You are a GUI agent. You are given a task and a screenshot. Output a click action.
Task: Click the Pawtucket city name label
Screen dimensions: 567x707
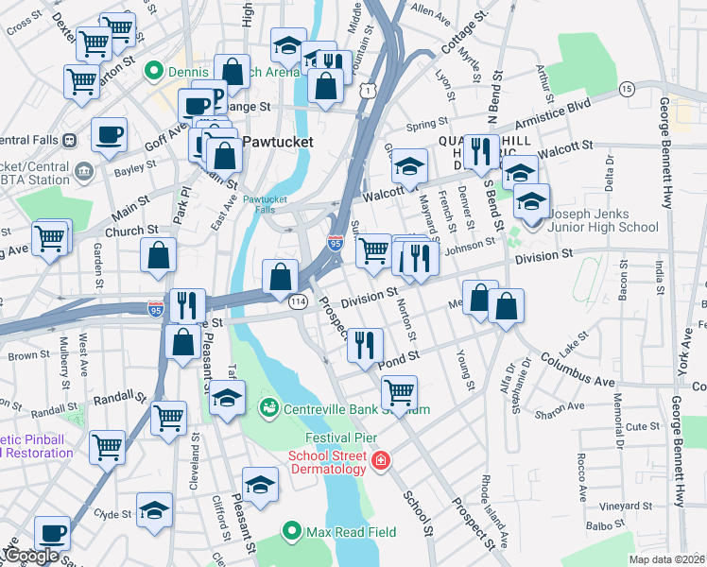[278, 142]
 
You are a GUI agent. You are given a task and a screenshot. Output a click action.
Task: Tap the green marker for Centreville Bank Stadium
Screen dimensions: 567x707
[268, 408]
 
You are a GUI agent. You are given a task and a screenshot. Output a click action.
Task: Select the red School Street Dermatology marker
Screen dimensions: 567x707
[380, 461]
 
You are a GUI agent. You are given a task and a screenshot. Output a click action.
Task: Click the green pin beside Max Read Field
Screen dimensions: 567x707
[292, 532]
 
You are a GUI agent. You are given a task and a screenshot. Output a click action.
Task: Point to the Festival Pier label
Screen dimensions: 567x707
[341, 438]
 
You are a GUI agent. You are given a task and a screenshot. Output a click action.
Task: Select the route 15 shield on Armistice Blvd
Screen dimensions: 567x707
[626, 88]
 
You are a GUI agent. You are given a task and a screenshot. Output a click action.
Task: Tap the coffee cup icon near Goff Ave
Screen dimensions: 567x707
[109, 133]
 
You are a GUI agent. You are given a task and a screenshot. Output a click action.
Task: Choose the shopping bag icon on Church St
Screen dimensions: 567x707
[158, 255]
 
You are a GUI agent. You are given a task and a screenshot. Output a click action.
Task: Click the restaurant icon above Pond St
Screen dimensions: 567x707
[364, 343]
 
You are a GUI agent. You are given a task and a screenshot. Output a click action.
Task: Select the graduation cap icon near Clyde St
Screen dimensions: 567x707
[154, 510]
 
